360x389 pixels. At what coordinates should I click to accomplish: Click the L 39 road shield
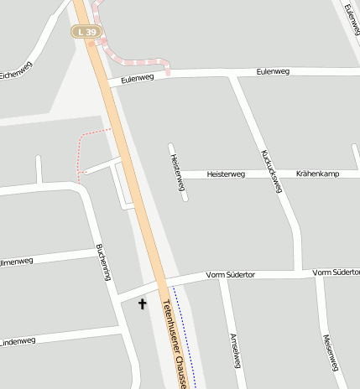(86, 32)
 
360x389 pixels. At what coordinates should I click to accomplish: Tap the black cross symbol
(142, 304)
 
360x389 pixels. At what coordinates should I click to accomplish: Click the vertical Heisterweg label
(177, 172)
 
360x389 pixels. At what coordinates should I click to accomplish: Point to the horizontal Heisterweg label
(226, 174)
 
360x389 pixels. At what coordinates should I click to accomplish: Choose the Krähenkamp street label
(317, 174)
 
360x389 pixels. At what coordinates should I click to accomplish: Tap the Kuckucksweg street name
(270, 170)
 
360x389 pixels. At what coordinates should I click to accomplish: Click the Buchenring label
(104, 261)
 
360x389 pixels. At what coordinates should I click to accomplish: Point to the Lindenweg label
(18, 341)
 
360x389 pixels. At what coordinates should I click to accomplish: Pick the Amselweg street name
(236, 350)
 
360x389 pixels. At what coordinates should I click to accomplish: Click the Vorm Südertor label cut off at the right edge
(336, 272)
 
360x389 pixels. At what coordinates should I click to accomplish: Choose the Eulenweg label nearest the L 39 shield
(138, 78)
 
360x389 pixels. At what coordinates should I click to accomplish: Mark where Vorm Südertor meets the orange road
(159, 283)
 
